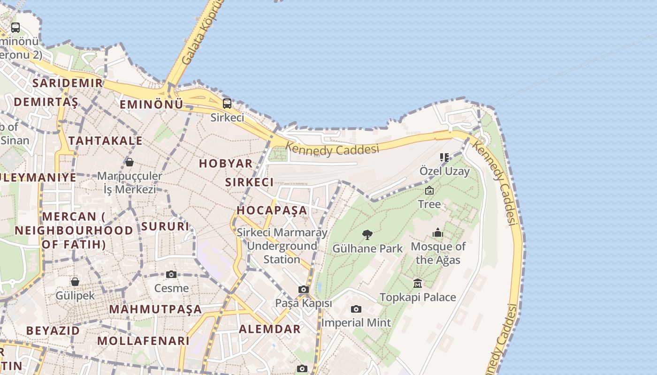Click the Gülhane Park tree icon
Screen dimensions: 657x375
367,234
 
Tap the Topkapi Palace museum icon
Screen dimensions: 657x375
418,283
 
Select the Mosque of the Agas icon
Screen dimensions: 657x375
438,232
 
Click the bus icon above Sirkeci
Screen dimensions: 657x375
227,103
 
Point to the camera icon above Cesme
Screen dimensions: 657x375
171,274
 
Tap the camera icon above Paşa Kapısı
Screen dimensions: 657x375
304,289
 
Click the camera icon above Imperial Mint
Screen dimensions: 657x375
356,309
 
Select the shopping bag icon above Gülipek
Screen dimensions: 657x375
75,282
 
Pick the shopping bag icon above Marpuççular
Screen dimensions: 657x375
130,162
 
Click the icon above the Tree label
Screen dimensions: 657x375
429,190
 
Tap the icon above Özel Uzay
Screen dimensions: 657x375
444,157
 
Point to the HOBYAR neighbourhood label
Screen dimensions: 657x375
226,164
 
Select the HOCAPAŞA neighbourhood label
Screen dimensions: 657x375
272,210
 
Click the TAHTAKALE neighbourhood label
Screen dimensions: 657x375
105,141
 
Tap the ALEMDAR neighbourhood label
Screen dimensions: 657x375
270,329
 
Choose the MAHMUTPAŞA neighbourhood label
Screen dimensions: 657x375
155,309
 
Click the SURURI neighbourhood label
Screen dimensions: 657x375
165,226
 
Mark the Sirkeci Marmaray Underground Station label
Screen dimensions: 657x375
282,246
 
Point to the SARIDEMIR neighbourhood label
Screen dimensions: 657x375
67,83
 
